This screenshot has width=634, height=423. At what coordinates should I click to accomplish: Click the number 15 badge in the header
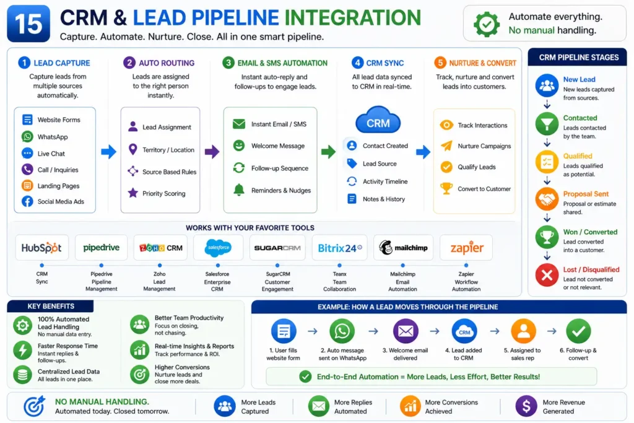point(28,24)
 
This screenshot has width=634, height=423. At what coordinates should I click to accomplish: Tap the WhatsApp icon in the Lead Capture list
point(27,137)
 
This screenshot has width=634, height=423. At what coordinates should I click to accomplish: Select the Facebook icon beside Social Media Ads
point(27,201)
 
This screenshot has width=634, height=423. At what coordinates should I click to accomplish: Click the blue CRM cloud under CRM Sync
point(378,120)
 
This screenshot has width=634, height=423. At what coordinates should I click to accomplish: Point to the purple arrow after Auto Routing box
point(212,152)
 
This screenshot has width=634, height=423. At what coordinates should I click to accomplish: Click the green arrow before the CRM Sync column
point(328,152)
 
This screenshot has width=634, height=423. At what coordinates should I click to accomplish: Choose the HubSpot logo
point(41,248)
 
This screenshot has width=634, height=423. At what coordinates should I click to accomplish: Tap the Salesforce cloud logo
point(218,248)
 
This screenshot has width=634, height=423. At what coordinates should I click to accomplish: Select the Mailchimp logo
point(403,248)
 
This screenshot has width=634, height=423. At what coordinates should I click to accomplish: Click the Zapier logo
point(467,248)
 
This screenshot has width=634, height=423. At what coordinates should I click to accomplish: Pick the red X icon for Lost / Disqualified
point(547,275)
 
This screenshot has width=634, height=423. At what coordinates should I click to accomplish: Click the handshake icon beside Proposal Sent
point(547,199)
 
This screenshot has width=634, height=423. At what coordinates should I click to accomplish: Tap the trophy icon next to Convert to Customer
point(446,188)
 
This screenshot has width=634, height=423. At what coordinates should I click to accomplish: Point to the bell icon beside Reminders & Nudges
point(239,190)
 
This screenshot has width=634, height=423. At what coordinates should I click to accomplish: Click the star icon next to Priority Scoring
point(132,193)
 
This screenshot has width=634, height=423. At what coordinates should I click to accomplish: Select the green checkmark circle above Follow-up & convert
point(578,331)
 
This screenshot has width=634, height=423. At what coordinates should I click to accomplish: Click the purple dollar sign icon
point(526,406)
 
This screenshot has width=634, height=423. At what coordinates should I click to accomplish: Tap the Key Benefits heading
point(51,306)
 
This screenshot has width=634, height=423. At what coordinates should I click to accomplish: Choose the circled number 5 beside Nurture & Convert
point(440,63)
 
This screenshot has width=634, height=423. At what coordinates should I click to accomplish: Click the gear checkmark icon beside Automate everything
point(487,24)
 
